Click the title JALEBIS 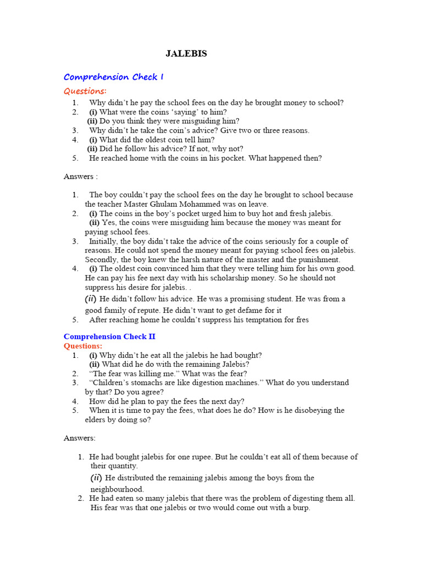tap(186, 54)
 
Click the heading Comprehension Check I tap(114, 77)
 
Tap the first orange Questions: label tap(85, 91)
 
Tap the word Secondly tap(101, 260)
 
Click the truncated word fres tap(302, 320)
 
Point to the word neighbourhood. tap(117, 489)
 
